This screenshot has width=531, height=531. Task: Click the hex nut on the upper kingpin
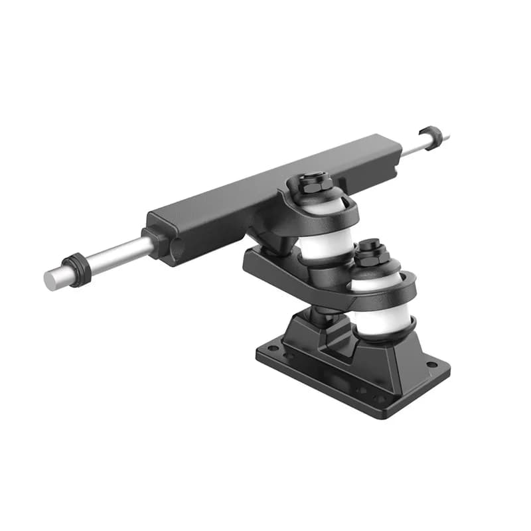315,182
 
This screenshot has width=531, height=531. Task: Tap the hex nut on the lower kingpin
371,252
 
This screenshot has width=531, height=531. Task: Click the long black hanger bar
265,192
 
